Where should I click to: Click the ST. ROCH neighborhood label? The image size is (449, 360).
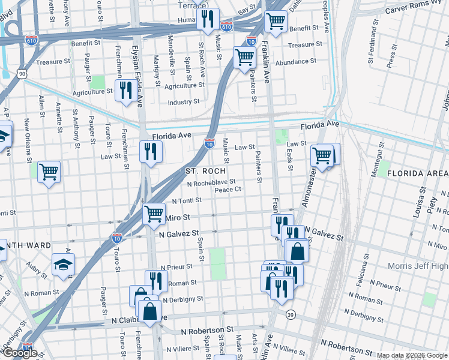click(205, 171)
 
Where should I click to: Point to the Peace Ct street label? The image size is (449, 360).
click(228, 190)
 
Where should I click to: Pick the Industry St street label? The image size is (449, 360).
click(183, 102)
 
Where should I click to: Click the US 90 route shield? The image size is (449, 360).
click(22, 73)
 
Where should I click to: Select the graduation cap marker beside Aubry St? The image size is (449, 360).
click(63, 265)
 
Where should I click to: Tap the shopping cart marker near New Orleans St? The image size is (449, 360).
click(49, 172)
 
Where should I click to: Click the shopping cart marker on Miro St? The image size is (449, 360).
click(154, 213)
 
